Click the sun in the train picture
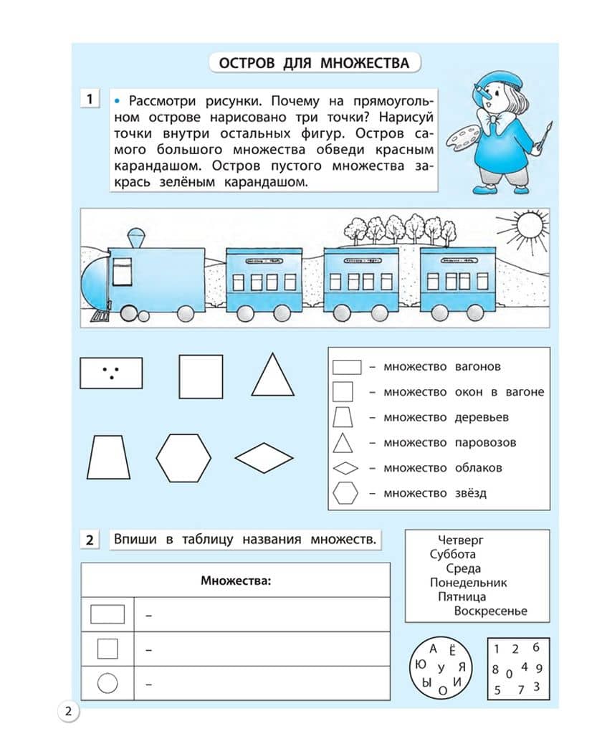pos(531,225)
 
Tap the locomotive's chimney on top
pos(135,239)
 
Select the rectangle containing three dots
pos(110,373)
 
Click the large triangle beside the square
pos(272,375)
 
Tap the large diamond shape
pos(264,457)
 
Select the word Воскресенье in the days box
pos(490,611)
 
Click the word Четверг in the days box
pos(461,540)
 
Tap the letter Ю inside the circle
pos(421,664)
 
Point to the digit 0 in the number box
pos(509,674)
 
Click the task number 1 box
pos(90,99)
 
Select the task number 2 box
pos(90,540)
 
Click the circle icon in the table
pos(107,683)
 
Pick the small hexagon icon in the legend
pos(345,493)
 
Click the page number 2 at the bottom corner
pos(68,712)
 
